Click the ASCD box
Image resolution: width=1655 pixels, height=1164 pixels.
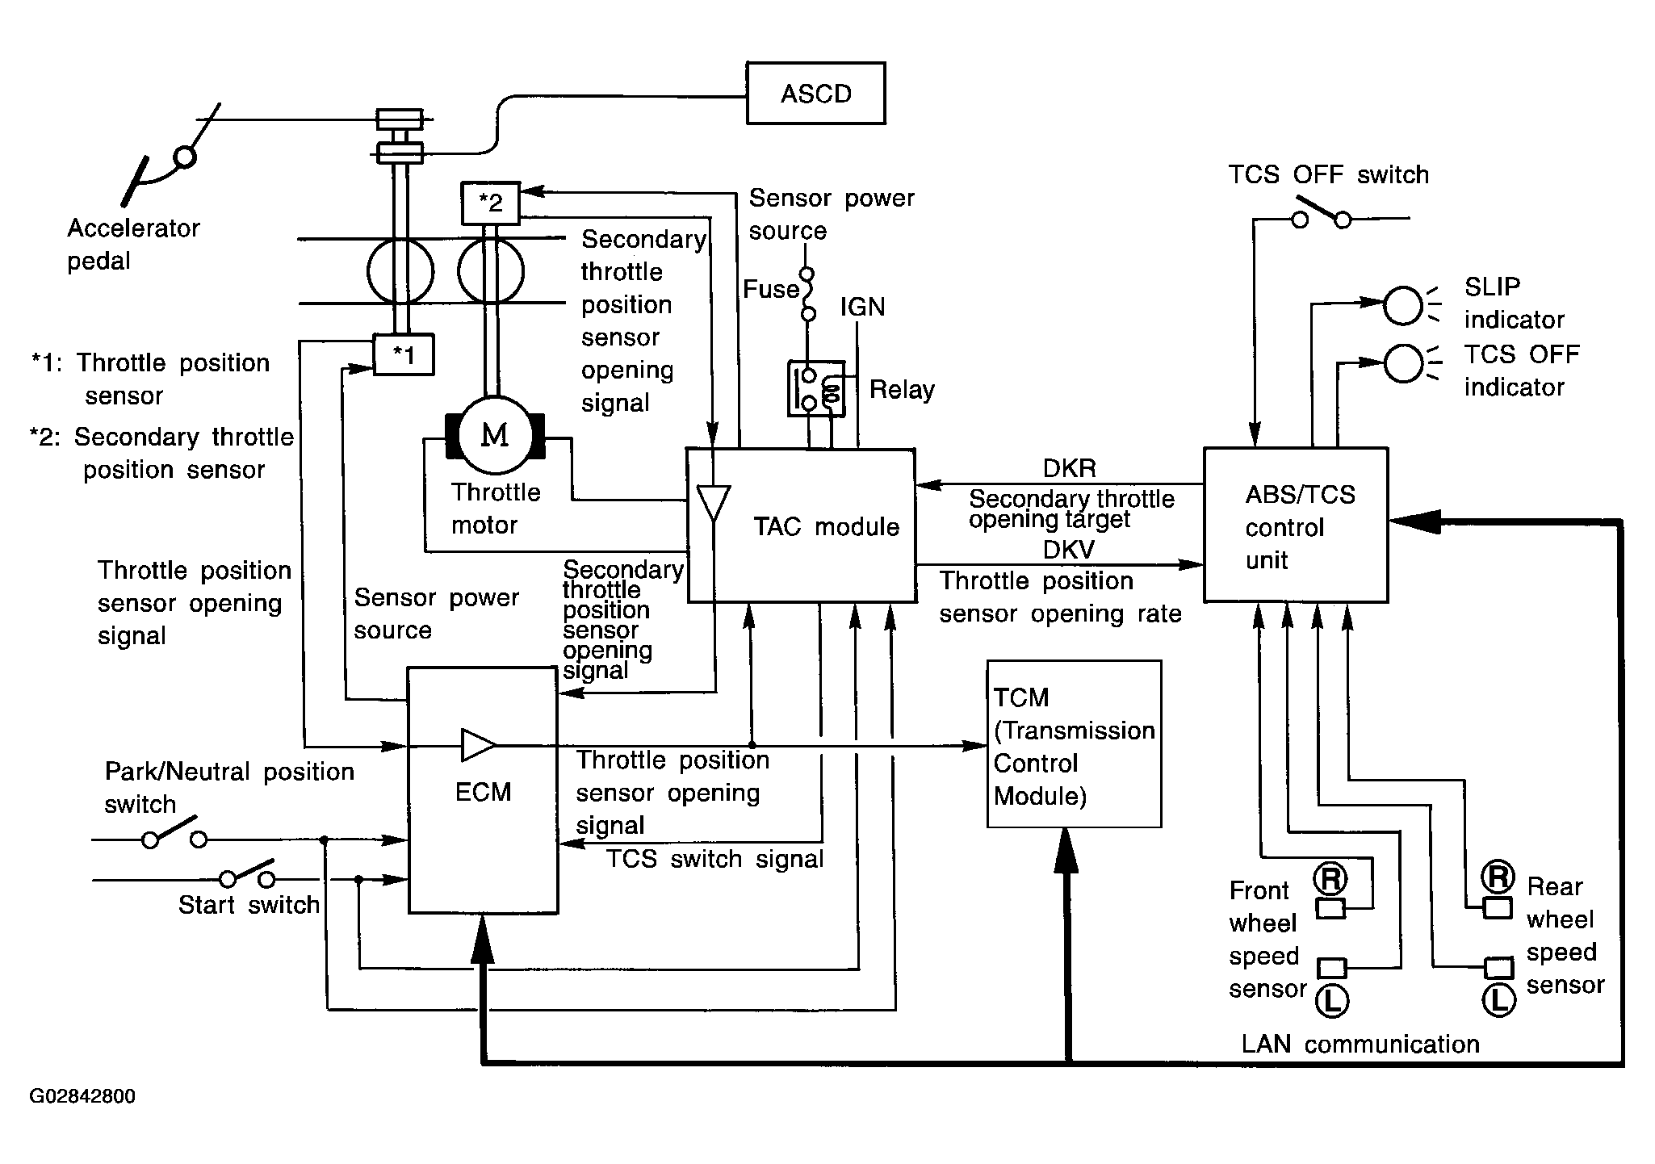click(x=815, y=93)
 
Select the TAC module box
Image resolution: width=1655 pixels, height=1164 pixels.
click(x=801, y=525)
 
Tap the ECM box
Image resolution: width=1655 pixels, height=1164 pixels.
click(x=483, y=791)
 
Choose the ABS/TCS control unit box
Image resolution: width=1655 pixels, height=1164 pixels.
click(x=1296, y=525)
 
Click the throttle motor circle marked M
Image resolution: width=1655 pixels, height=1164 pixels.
click(x=495, y=436)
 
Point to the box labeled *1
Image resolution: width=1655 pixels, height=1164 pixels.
click(x=404, y=355)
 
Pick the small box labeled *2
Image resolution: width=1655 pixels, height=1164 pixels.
click(x=490, y=203)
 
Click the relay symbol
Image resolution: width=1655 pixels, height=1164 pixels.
click(x=816, y=389)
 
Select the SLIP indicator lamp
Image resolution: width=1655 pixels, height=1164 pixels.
click(x=1403, y=305)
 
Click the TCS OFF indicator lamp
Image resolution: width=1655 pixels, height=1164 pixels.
click(x=1403, y=362)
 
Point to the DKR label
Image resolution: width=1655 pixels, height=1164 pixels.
click(x=1069, y=469)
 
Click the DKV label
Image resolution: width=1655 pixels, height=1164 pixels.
click(x=1069, y=550)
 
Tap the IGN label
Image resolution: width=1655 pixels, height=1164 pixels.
click(x=862, y=307)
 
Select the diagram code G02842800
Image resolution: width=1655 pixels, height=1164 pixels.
click(x=82, y=1096)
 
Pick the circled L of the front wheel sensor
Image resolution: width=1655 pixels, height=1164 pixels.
click(x=1331, y=1001)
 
